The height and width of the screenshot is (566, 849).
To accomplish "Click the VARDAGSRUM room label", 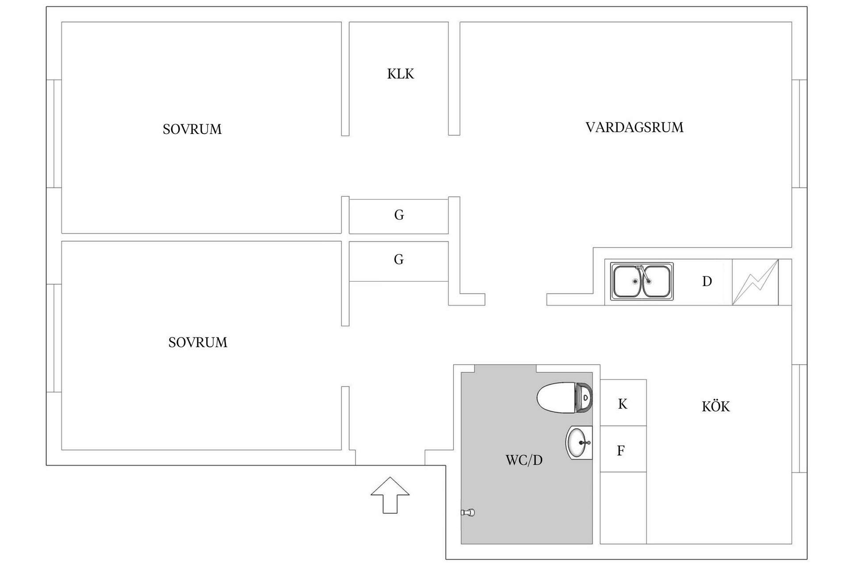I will click(x=634, y=127).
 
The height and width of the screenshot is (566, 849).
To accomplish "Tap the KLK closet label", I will click(x=401, y=74).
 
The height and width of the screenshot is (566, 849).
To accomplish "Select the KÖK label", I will click(x=715, y=406).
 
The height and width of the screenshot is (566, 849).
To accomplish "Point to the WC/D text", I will click(x=524, y=460).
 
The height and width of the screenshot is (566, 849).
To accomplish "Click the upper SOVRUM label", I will click(x=192, y=129).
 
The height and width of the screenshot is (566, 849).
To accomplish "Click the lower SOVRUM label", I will click(x=198, y=342).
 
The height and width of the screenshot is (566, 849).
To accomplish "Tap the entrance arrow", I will click(x=390, y=495).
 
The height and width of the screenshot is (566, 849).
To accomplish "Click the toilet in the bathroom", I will click(x=564, y=398).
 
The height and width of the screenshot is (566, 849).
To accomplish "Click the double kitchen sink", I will click(x=642, y=282).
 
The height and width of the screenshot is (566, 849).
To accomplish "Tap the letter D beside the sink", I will click(x=707, y=281).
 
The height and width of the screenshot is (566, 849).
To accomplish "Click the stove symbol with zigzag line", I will click(x=755, y=282).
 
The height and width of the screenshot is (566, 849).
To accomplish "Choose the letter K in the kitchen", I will click(x=622, y=404).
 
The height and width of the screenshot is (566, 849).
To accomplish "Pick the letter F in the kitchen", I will click(x=621, y=451).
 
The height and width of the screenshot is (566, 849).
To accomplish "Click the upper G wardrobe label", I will click(x=399, y=215).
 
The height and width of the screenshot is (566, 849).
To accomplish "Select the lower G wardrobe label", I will click(x=399, y=260).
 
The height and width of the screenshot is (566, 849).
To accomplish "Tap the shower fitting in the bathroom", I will click(x=468, y=512).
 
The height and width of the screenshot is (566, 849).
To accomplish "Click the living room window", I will click(x=799, y=134).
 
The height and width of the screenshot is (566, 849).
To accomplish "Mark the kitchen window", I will click(x=799, y=418).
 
